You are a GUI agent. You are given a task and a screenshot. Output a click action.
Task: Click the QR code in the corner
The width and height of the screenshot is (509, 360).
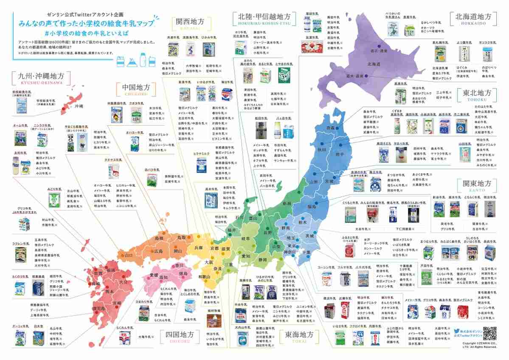point(490,334)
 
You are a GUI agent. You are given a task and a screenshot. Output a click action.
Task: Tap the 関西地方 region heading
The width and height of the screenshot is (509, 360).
point(188,22)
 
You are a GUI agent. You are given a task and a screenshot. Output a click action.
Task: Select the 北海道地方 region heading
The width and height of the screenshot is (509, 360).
point(472,17)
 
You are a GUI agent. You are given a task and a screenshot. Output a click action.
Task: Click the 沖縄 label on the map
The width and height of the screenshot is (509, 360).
point(79,106)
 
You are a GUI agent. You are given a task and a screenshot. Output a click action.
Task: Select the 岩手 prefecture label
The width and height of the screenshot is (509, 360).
point(340,154)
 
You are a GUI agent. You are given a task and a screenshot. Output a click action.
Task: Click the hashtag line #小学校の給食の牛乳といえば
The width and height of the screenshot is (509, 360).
point(82,33)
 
